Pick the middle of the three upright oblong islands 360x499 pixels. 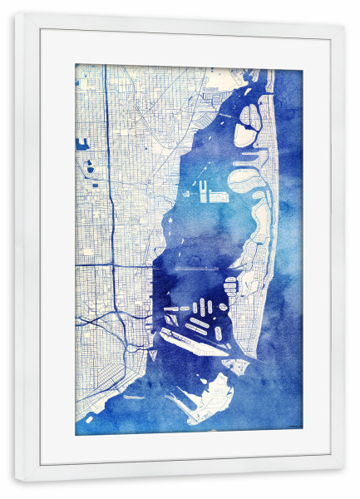pyautogui.click(x=202, y=306)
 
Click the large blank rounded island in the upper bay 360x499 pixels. pyautogui.click(x=244, y=134)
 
